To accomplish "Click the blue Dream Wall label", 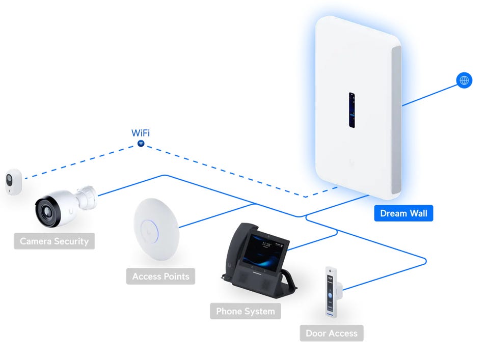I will (x=403, y=213).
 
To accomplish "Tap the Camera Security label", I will (x=54, y=241).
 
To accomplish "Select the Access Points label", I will (x=160, y=276).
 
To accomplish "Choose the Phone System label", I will (x=245, y=311).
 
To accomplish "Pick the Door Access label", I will (x=331, y=334).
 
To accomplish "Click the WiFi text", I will (x=141, y=133).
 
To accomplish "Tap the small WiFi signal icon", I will (x=141, y=145).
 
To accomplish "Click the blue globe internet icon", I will (x=464, y=80).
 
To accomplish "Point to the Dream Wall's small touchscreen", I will (x=351, y=109).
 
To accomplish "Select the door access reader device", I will (x=332, y=292).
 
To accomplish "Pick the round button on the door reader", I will (x=331, y=294).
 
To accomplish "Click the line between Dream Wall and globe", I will (x=429, y=95).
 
